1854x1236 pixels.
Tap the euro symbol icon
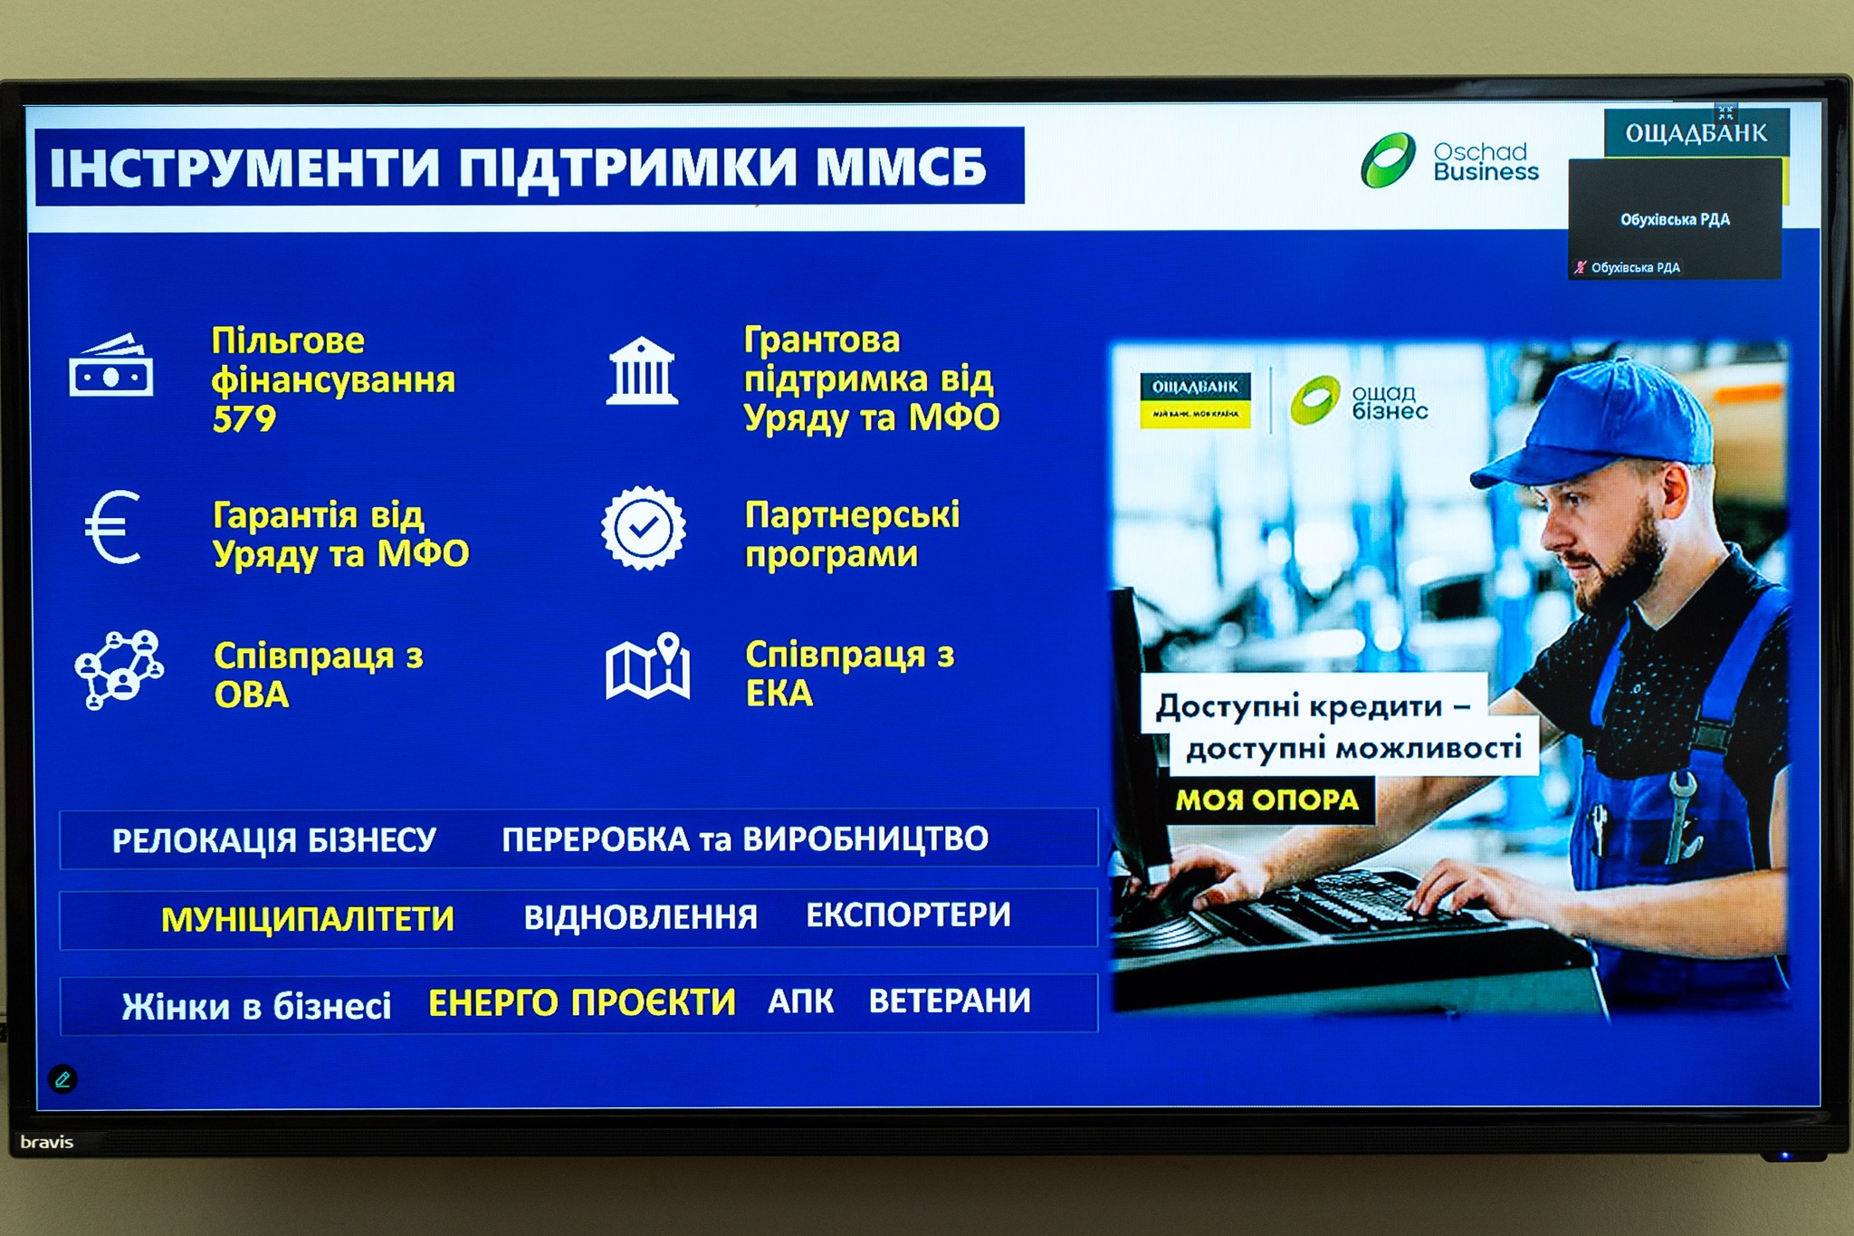[112, 527]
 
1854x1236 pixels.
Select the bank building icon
[642, 370]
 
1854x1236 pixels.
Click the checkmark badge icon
[644, 528]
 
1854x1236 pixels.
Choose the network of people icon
[119, 669]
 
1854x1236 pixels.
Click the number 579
[244, 419]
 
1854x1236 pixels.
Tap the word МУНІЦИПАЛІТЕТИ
[308, 919]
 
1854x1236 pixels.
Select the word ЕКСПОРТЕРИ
[908, 915]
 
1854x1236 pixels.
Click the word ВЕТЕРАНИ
[950, 1001]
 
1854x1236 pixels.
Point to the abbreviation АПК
[800, 1001]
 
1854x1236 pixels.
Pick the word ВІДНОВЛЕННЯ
[641, 917]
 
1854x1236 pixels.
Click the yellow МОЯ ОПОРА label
[1267, 800]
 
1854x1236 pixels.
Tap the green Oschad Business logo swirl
[1388, 160]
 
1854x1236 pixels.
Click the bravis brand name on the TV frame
[47, 1142]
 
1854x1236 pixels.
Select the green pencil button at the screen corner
[62, 1079]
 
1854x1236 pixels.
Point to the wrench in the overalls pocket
[1681, 814]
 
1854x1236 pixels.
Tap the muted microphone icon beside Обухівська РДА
[1581, 267]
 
